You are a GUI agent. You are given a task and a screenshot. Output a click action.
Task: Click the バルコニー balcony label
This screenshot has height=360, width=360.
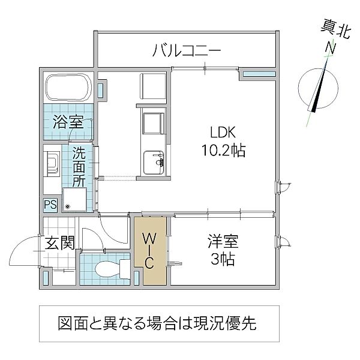click(187, 50)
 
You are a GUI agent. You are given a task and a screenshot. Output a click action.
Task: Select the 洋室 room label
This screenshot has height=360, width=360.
click(223, 242)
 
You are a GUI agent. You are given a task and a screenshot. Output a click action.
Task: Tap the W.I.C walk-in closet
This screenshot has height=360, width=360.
click(150, 251)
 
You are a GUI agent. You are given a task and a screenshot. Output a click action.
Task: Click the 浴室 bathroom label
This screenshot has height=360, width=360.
click(67, 122)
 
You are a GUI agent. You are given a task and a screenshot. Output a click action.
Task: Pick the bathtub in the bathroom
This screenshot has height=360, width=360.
click(68, 88)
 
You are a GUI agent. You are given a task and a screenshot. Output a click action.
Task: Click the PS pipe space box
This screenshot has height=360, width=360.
click(49, 205)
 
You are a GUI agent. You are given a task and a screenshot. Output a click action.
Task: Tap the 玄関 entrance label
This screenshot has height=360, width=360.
click(59, 243)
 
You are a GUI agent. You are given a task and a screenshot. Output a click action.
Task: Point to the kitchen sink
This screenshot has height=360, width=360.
click(153, 161)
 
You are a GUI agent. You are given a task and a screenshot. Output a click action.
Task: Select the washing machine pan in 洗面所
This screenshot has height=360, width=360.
click(76, 199)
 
